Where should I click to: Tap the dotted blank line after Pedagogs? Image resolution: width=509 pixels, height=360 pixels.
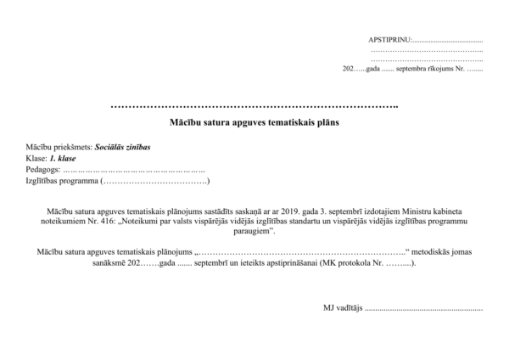(135, 171)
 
